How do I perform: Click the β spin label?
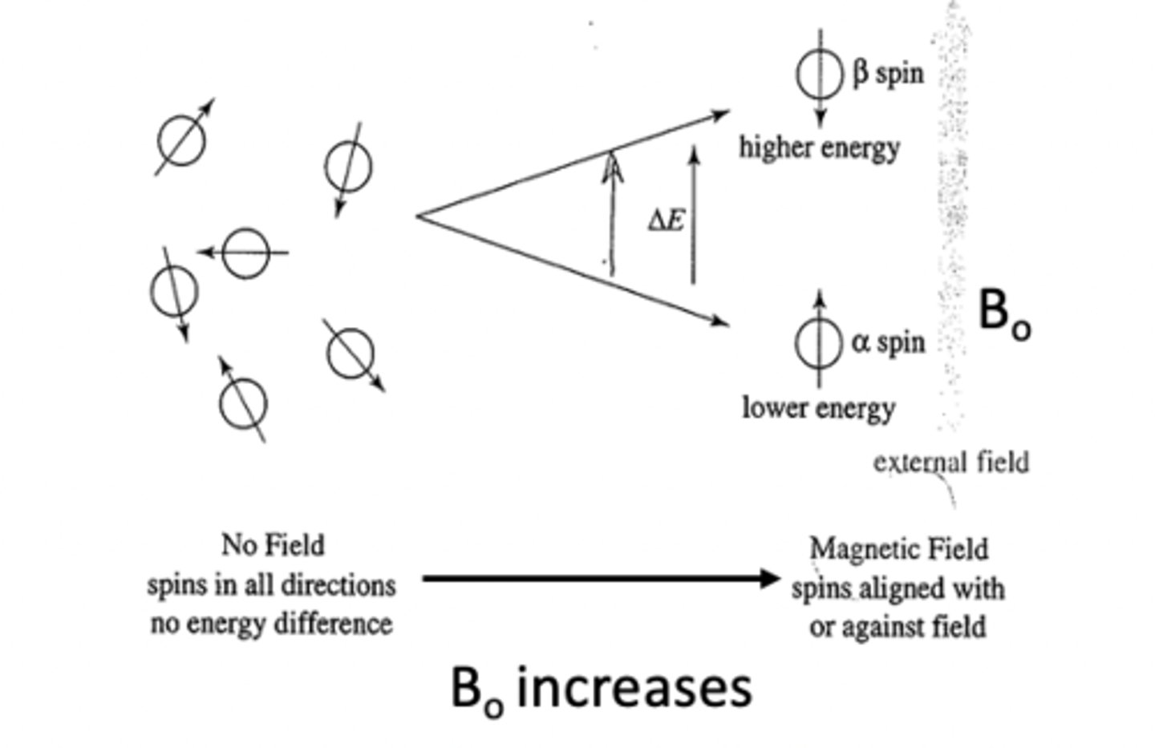click(x=888, y=74)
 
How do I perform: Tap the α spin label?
click(x=888, y=342)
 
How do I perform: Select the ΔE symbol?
click(x=667, y=220)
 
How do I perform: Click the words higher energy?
click(x=819, y=148)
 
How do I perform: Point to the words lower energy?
click(x=818, y=408)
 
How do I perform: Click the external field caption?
click(x=950, y=462)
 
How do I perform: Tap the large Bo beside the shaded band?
click(x=1003, y=313)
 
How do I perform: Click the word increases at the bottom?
click(x=634, y=687)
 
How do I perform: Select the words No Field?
click(x=273, y=546)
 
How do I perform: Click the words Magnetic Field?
click(x=898, y=550)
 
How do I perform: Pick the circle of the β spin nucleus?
click(x=820, y=74)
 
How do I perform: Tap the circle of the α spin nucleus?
click(x=818, y=343)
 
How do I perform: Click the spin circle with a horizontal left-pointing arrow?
click(x=245, y=253)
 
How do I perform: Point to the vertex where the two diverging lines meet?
click(x=418, y=215)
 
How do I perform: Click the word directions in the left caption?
click(x=335, y=585)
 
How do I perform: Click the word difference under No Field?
click(x=330, y=624)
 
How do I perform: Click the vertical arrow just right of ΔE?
click(x=694, y=216)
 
